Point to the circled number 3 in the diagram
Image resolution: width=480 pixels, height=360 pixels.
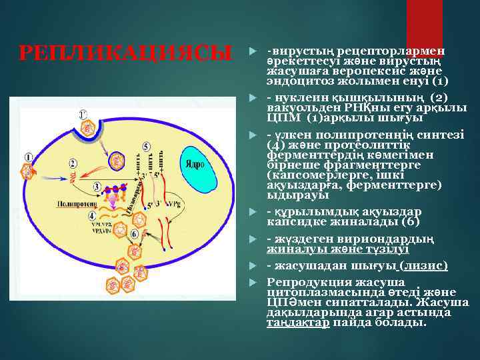pyautogui.click(x=97, y=186)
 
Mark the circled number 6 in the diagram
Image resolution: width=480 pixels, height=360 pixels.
pyautogui.click(x=135, y=234)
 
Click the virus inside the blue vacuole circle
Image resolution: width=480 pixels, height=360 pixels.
pyautogui.click(x=117, y=160)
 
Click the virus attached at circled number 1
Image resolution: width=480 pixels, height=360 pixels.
pyautogui.click(x=27, y=171)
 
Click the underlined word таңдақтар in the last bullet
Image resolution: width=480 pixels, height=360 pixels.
pyautogui.click(x=298, y=323)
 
